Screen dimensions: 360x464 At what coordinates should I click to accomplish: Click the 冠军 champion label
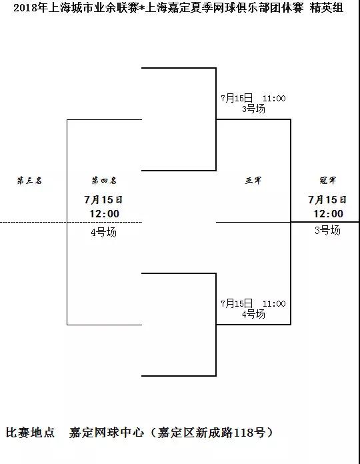tap(328, 180)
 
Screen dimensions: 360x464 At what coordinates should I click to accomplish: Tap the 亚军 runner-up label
tap(253, 180)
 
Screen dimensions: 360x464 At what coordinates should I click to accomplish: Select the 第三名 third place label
tap(29, 180)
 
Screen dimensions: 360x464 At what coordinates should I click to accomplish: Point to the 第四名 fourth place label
tap(104, 180)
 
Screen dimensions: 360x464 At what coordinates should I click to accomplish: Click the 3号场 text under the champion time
tap(327, 230)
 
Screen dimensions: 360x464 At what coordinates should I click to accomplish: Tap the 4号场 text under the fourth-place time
tap(104, 232)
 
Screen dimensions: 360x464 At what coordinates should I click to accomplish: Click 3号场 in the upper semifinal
tap(253, 109)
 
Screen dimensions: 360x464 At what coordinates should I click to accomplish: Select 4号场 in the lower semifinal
tap(253, 314)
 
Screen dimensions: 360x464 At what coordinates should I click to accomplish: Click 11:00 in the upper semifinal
tap(274, 98)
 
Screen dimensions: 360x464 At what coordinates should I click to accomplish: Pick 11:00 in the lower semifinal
tap(274, 303)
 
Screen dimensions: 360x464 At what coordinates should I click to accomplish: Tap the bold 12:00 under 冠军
tap(329, 213)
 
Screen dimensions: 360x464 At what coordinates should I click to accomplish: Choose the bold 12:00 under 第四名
tap(105, 213)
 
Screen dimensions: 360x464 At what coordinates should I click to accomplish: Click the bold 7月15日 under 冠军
tap(327, 200)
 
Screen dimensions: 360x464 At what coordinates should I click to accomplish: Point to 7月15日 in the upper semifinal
tap(237, 98)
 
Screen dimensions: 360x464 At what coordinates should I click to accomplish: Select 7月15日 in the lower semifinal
tap(237, 303)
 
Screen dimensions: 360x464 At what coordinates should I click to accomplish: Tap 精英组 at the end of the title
tap(327, 8)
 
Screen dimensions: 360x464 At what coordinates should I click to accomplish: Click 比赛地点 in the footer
tap(31, 433)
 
